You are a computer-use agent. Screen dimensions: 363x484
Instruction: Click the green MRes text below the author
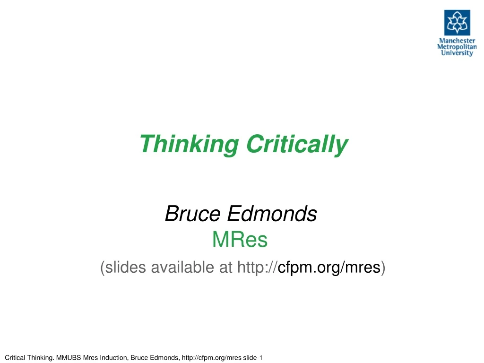pyautogui.click(x=240, y=241)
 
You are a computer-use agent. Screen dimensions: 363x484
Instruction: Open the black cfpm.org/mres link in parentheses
pyautogui.click(x=329, y=268)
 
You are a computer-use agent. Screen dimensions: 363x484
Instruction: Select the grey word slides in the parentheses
pyautogui.click(x=125, y=268)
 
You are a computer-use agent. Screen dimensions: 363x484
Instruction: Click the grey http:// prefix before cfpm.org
pyautogui.click(x=256, y=268)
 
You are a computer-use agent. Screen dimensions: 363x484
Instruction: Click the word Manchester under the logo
pyautogui.click(x=457, y=41)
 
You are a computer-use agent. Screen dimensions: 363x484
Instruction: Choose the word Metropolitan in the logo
pyautogui.click(x=457, y=47)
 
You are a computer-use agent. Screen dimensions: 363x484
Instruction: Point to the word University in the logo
pyautogui.click(x=457, y=53)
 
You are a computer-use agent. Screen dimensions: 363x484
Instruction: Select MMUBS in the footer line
pyautogui.click(x=70, y=357)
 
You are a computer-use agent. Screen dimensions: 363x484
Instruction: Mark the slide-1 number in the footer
pyautogui.click(x=252, y=357)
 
